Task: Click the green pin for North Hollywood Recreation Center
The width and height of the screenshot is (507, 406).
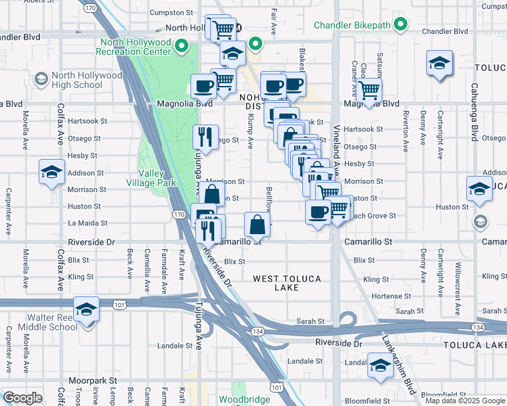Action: tap(181, 47)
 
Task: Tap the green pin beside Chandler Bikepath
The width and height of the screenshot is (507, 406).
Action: tap(401, 26)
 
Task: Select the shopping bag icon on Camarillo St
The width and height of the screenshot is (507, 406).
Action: tap(258, 224)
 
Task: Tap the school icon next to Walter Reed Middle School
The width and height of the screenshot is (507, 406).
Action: tap(87, 309)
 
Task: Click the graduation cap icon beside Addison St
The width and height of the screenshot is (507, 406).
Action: tap(51, 173)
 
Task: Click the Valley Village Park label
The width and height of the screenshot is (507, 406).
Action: tap(152, 178)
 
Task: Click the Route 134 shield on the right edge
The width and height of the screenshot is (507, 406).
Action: tap(479, 328)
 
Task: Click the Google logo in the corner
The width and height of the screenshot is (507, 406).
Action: tap(23, 398)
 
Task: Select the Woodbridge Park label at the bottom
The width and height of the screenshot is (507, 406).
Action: tap(245, 399)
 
